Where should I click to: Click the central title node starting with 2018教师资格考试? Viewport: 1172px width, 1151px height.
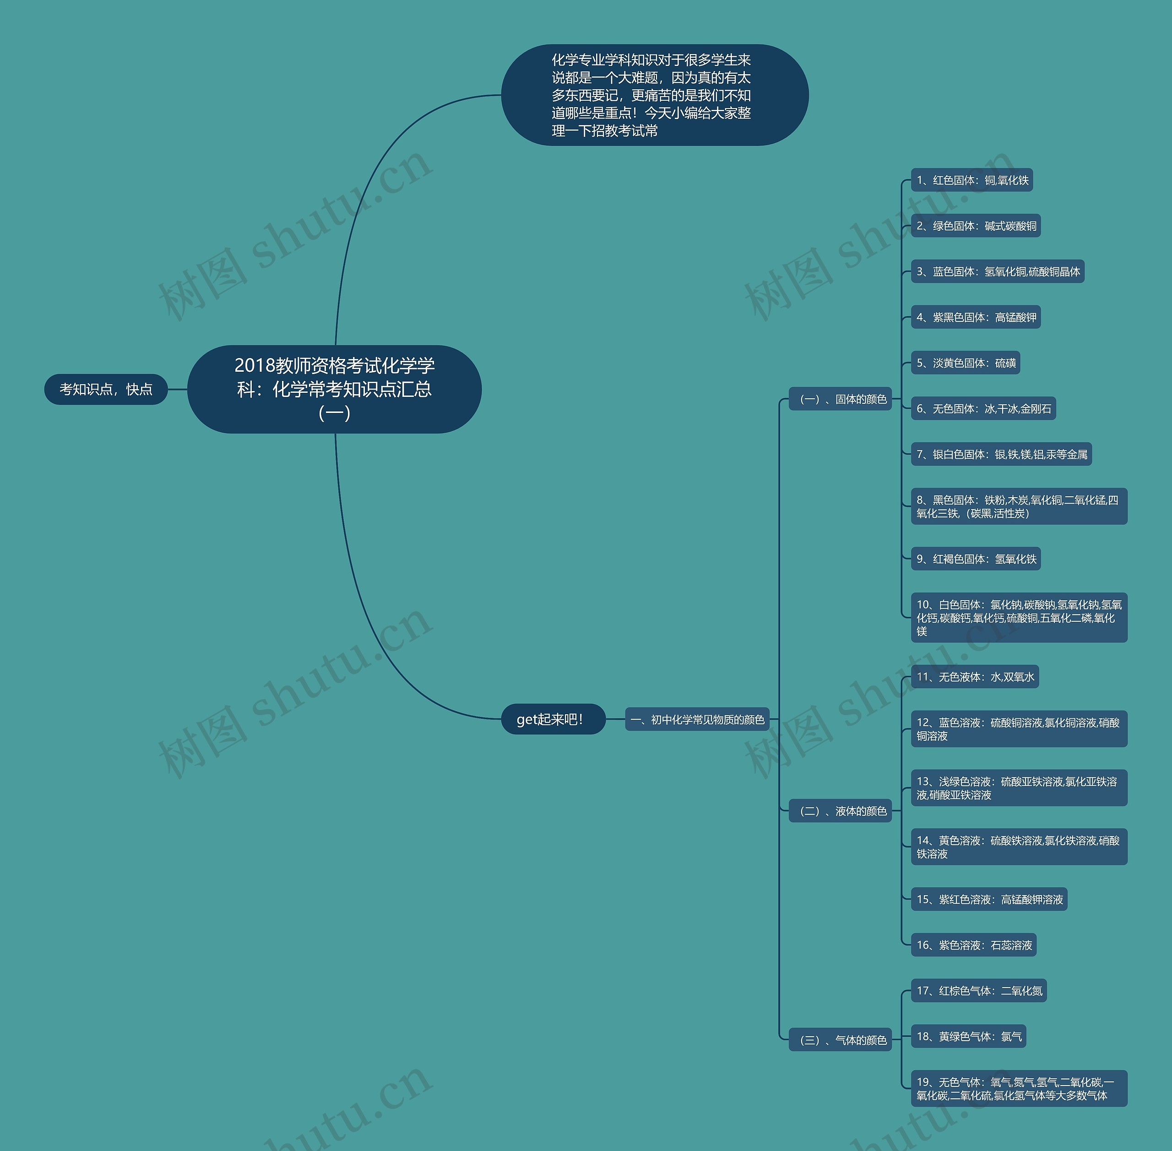(x=334, y=389)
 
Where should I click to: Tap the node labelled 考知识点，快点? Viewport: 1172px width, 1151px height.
(x=106, y=389)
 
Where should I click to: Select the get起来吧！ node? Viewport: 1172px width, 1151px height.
(x=553, y=719)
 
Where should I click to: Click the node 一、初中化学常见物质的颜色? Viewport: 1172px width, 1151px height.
(x=697, y=719)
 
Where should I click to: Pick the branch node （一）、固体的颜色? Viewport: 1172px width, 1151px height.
(x=840, y=399)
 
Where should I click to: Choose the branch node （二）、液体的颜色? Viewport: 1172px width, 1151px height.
(x=840, y=811)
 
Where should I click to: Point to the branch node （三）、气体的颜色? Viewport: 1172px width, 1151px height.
(x=840, y=1040)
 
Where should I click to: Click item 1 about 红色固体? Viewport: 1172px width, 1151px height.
(x=972, y=180)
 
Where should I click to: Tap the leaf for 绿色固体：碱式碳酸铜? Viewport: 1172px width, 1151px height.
(x=976, y=226)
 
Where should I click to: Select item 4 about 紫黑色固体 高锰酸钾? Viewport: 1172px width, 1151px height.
(x=976, y=317)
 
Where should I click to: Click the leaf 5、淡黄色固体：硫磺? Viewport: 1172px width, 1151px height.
(x=965, y=363)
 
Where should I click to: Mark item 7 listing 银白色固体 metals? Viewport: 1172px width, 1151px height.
(x=1001, y=454)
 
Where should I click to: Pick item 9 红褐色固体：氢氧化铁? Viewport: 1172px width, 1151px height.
(x=976, y=559)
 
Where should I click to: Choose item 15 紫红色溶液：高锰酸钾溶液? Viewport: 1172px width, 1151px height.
(x=989, y=899)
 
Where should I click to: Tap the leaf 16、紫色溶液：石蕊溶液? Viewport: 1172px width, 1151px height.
(x=974, y=945)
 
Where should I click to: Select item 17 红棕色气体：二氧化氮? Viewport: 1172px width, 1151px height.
(x=979, y=990)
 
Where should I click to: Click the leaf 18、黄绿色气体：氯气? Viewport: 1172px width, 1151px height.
(x=968, y=1036)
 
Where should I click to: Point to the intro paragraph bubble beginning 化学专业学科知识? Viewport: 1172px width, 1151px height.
(x=655, y=95)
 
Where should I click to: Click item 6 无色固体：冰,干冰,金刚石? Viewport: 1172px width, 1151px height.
(x=983, y=409)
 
